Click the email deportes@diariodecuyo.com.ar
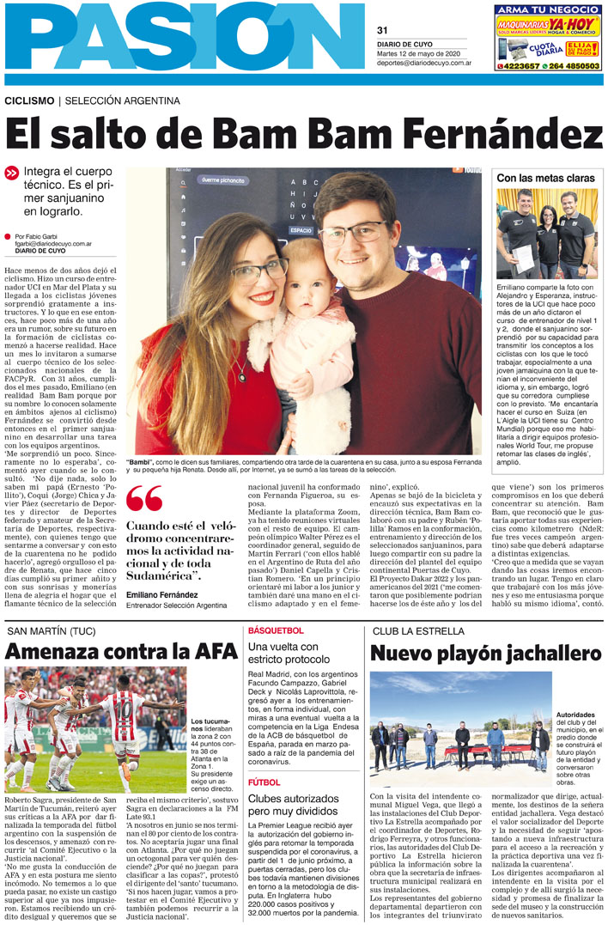pos(423,63)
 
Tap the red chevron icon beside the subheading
pos(11,173)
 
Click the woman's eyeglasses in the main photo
pos(258,274)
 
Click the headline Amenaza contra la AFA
pos(121,651)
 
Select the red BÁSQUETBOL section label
pos(275,631)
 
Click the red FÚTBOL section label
pos(264,783)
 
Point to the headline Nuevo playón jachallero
pos(486,653)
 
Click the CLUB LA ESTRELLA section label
pos(419,631)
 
